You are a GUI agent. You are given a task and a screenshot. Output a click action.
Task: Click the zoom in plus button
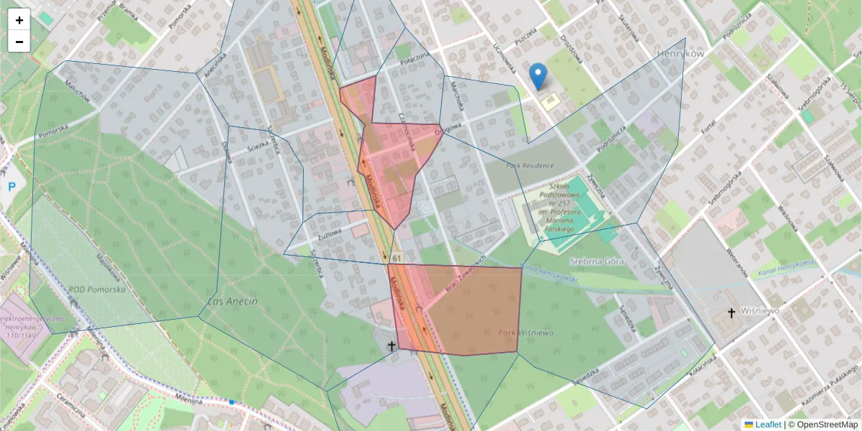(x=19, y=20)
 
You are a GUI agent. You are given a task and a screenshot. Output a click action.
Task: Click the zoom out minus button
(x=19, y=42)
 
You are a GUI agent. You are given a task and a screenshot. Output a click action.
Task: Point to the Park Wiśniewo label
(x=526, y=333)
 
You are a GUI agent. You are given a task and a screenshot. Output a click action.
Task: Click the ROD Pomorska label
(x=97, y=289)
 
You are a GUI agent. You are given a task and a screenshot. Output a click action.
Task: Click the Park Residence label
(x=529, y=166)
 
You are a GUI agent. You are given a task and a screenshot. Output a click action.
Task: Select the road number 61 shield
(x=397, y=256)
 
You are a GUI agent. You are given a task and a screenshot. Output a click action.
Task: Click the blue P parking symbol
(x=11, y=187)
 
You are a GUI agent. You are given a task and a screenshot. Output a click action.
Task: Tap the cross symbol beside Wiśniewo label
(x=731, y=312)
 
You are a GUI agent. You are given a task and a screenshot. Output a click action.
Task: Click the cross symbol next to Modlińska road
(x=391, y=346)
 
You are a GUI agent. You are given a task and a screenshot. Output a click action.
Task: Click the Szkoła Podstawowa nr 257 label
(x=564, y=205)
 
